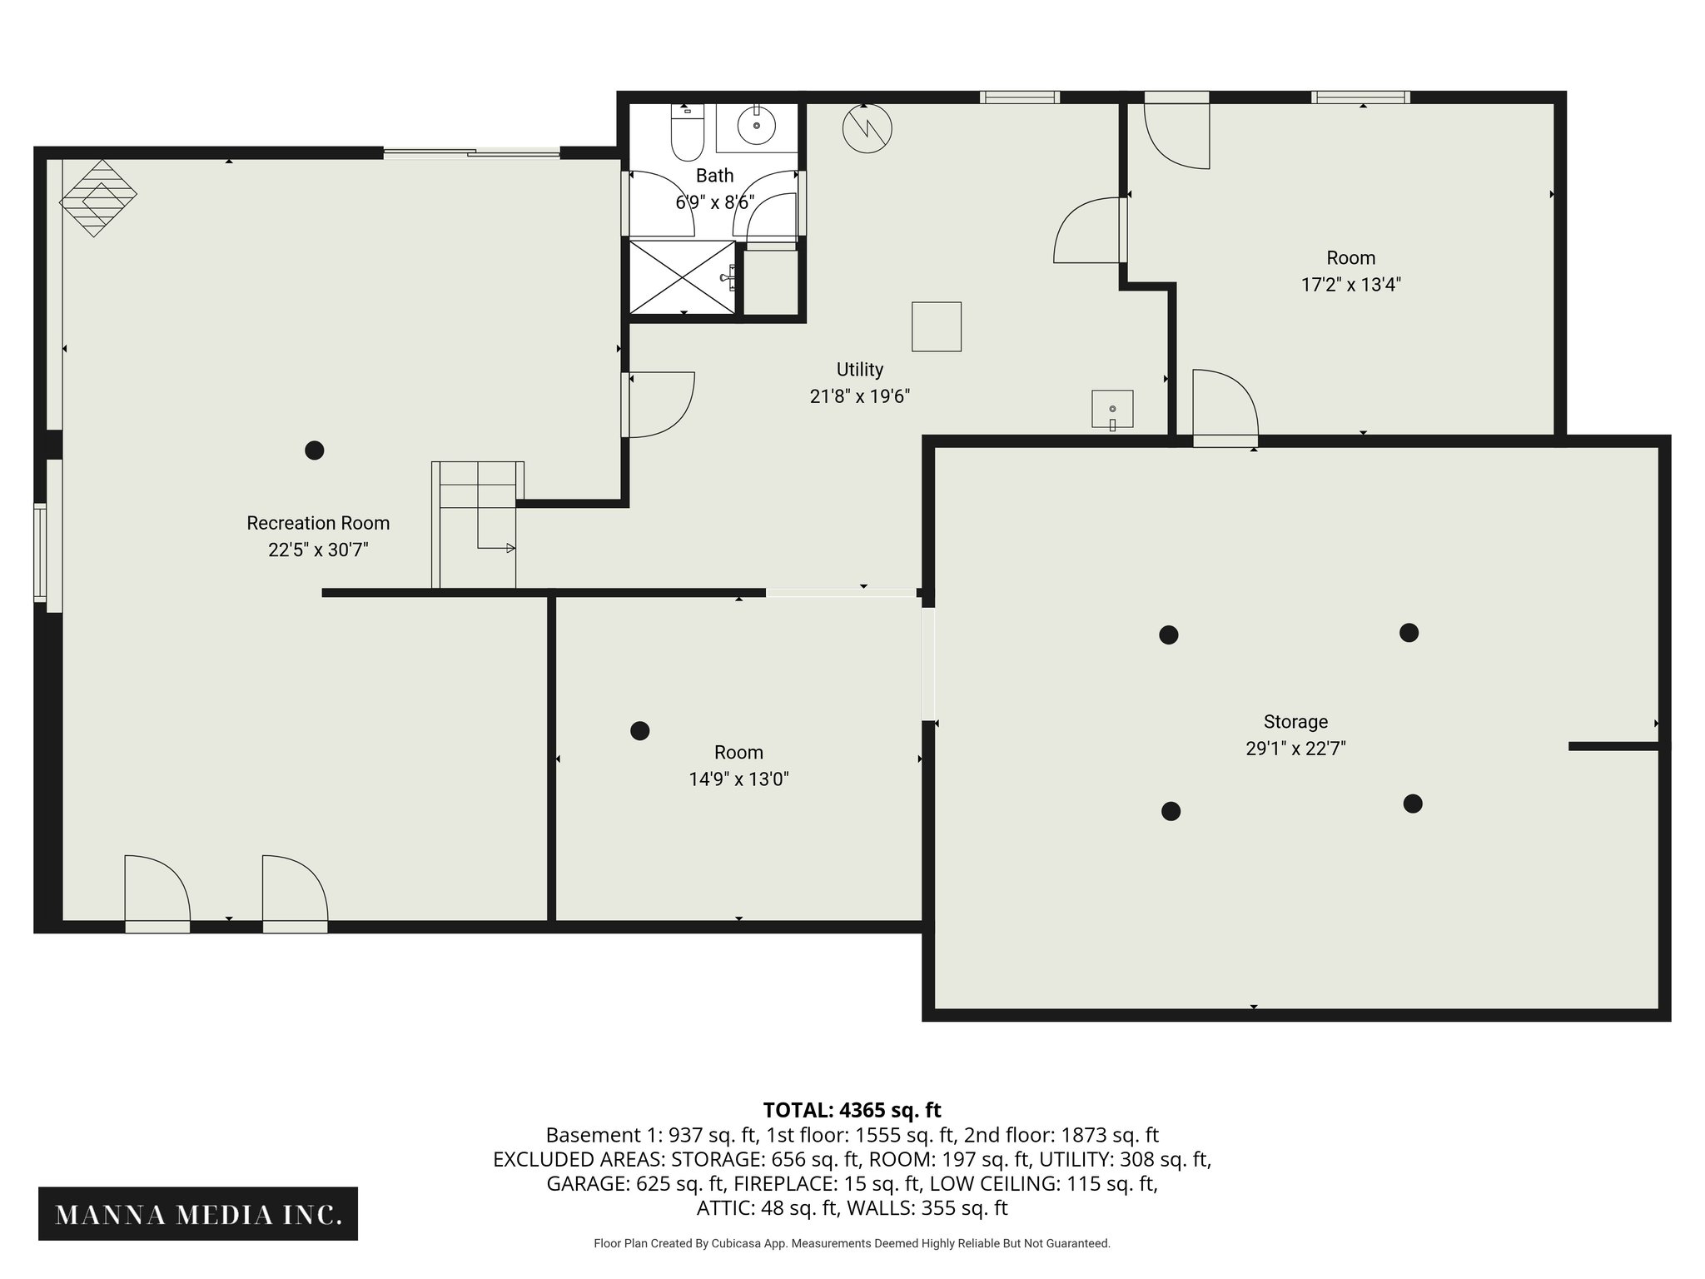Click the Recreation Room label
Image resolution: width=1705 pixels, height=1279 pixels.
coord(318,523)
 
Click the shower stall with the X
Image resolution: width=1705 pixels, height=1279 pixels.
coord(682,277)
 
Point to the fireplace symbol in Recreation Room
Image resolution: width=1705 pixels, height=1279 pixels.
coord(98,197)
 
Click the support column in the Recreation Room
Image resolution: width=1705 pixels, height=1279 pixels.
coord(314,450)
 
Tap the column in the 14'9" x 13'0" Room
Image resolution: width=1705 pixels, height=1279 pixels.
coord(639,731)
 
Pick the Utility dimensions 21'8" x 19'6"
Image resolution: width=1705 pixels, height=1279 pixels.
coord(859,396)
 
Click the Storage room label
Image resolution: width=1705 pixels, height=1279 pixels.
coord(1295,722)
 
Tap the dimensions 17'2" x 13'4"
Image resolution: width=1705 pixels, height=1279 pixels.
coord(1350,285)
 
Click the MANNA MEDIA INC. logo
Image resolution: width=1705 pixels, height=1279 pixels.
coord(198,1215)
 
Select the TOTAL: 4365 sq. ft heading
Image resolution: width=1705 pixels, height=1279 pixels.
coord(852,1110)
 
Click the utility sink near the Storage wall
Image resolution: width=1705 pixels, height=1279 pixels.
coord(1112,409)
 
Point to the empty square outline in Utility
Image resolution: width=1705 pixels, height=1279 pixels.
coord(937,326)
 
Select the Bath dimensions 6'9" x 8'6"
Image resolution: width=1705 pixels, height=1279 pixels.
coord(714,202)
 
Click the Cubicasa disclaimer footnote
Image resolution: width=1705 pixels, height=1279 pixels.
coord(852,1243)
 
